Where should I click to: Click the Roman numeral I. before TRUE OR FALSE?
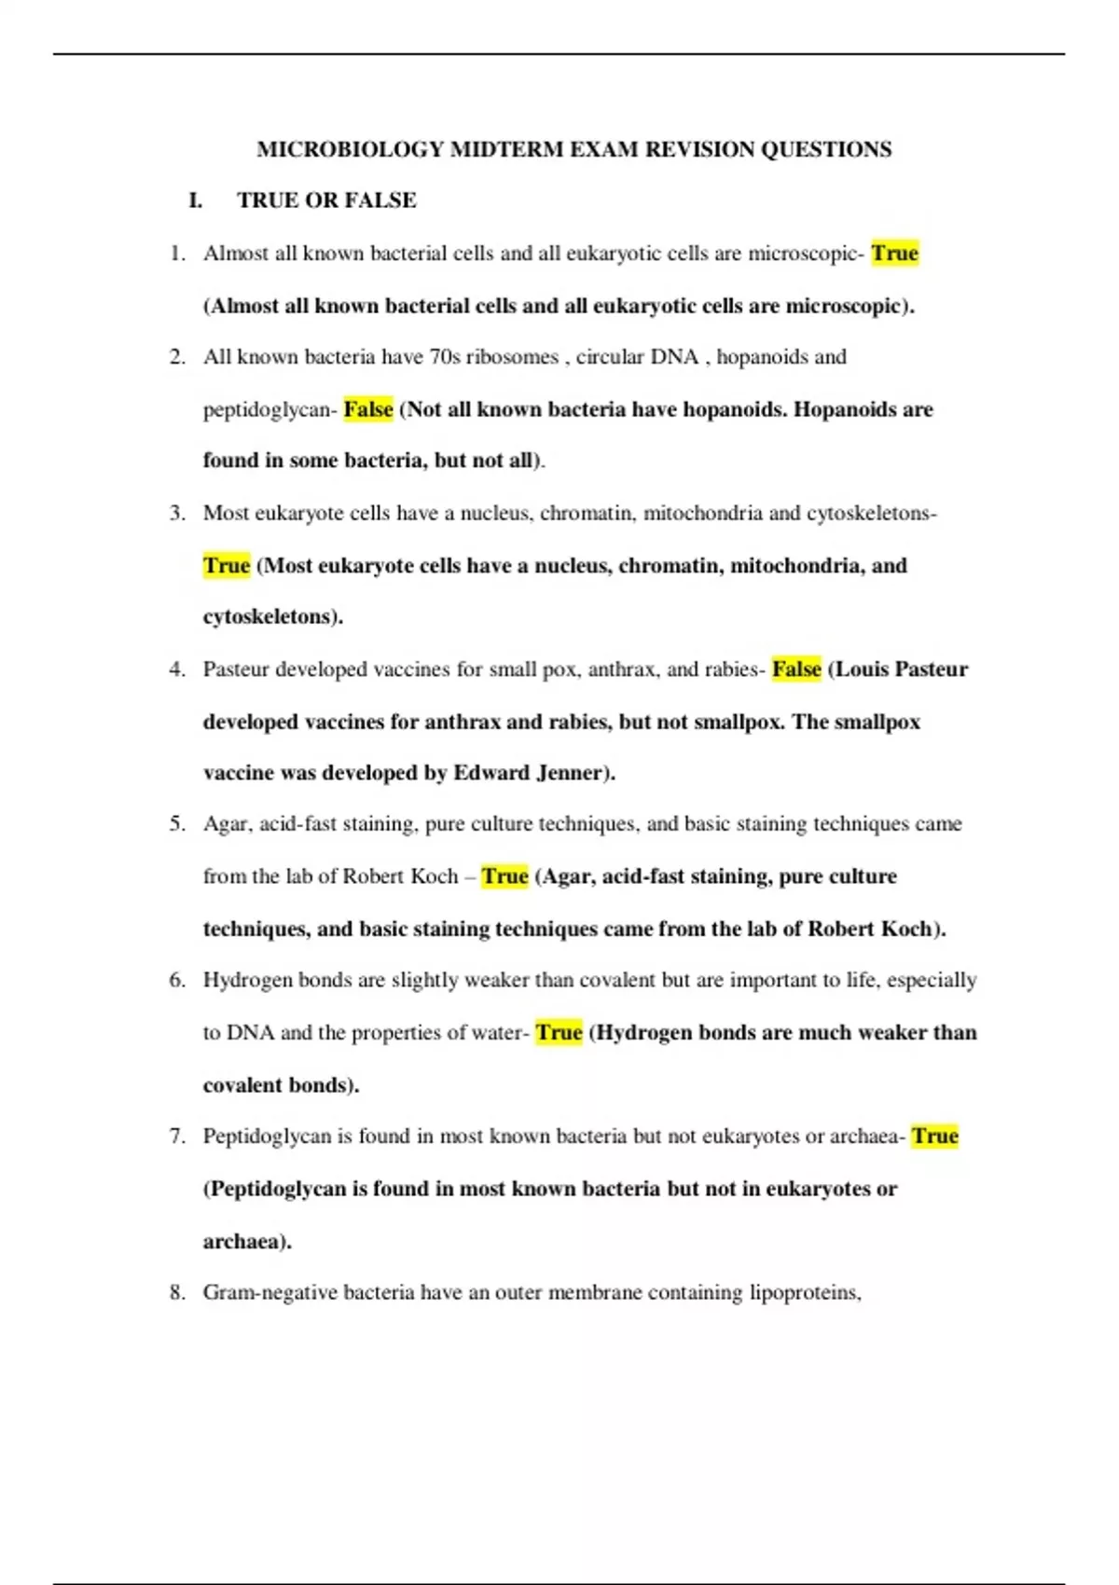pos(196,200)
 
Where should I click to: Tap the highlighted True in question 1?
pos(894,254)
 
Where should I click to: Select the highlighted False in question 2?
pos(368,409)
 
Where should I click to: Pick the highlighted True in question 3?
pos(227,566)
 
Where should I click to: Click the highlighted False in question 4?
pos(796,669)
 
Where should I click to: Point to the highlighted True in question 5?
pos(504,876)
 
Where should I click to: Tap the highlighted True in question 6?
pos(559,1033)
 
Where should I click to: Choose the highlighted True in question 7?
pos(935,1137)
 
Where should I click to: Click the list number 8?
pos(177,1293)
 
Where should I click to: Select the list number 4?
pos(177,669)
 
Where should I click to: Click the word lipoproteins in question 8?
pos(805,1293)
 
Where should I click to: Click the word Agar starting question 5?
pos(225,824)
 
